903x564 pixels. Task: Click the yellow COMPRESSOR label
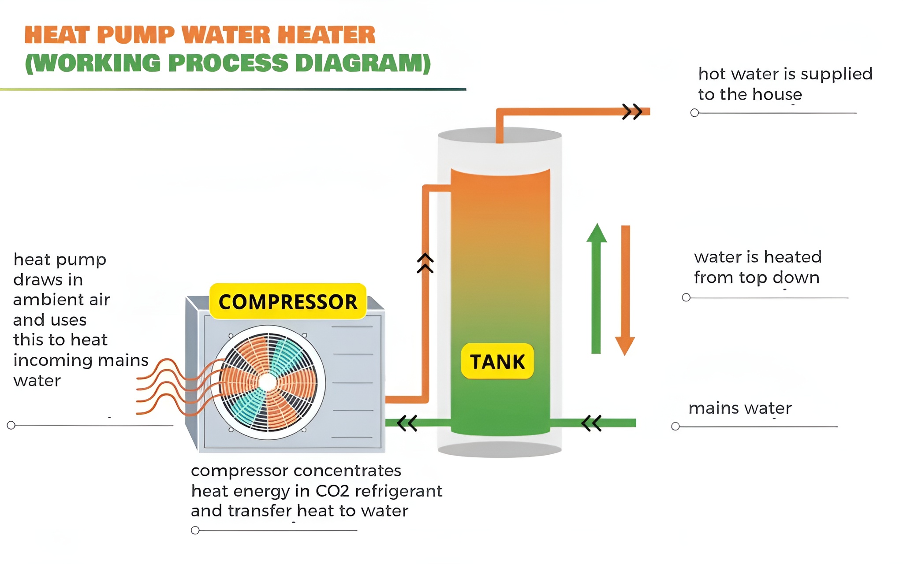pyautogui.click(x=288, y=302)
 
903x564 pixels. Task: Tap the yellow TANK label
pyautogui.click(x=497, y=362)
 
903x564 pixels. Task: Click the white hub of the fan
pyautogui.click(x=268, y=382)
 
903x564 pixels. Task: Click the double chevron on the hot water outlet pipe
pyautogui.click(x=632, y=111)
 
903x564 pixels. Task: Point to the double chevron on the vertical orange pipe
pyautogui.click(x=425, y=263)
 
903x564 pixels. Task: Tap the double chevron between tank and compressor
pyautogui.click(x=407, y=423)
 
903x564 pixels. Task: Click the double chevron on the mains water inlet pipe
pyautogui.click(x=591, y=423)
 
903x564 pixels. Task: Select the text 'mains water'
pyautogui.click(x=740, y=408)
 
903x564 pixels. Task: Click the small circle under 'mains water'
pyautogui.click(x=675, y=427)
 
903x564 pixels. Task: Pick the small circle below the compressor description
pyautogui.click(x=195, y=530)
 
